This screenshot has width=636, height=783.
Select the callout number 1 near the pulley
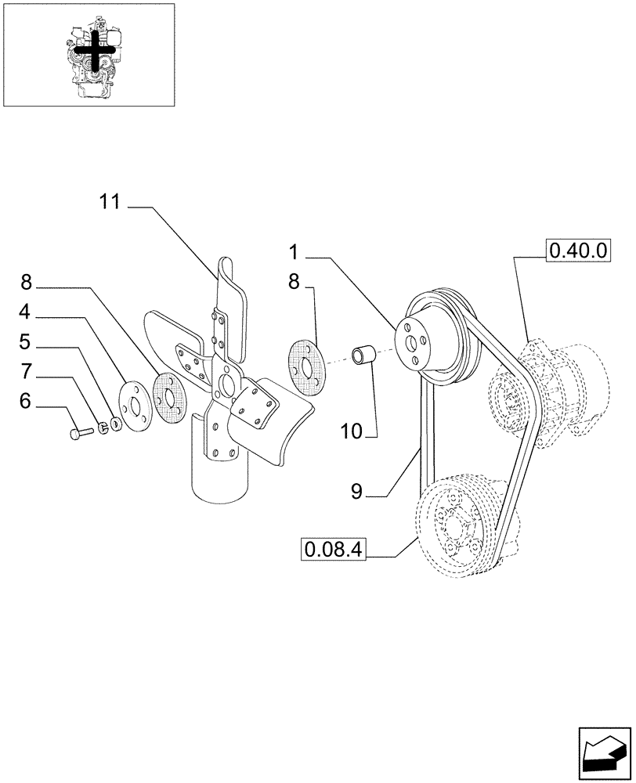click(294, 252)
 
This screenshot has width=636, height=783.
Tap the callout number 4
click(26, 312)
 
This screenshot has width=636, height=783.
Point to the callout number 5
click(26, 341)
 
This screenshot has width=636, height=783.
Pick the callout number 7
click(26, 371)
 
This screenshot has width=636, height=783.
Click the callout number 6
click(26, 402)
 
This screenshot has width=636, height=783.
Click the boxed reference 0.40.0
click(578, 251)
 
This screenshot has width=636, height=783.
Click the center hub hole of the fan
click(226, 384)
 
